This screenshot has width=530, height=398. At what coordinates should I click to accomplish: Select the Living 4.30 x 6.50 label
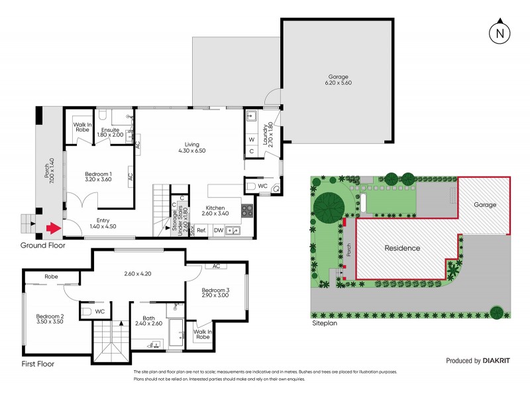click(192, 147)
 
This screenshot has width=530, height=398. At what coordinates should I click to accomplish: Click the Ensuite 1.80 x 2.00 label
click(110, 132)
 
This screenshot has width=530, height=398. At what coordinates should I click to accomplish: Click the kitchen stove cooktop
click(246, 211)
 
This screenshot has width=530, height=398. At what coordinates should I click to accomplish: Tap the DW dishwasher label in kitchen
click(218, 231)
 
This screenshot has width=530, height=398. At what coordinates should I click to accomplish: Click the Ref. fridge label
click(201, 231)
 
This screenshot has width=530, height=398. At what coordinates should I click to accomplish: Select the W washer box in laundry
click(252, 140)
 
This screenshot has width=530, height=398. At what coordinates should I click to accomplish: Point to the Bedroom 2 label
click(50, 319)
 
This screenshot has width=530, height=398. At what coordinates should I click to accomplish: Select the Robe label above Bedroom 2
click(51, 277)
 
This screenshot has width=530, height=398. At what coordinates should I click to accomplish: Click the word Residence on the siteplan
click(403, 248)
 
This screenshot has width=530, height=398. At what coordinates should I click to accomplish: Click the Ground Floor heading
click(44, 245)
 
